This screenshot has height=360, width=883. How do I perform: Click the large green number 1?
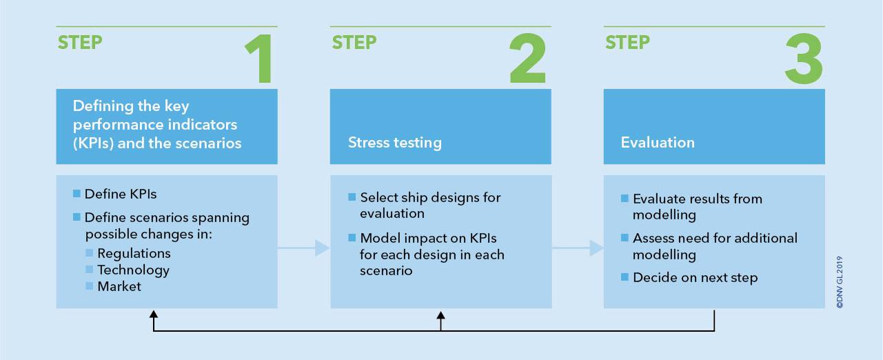coord(260,59)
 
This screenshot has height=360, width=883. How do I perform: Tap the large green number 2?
coord(528,58)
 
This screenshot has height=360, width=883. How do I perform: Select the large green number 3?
coord(804,59)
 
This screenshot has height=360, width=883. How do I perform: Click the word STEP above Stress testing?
coord(354,43)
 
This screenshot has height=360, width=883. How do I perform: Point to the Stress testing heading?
coord(394,142)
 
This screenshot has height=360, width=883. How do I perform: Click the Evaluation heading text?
coord(658,142)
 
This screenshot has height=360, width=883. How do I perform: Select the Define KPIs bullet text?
coord(121,194)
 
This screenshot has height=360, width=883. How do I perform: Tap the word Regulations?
coord(134,254)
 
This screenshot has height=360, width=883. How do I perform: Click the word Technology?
coord(133,270)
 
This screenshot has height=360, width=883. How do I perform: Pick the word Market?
coord(119,286)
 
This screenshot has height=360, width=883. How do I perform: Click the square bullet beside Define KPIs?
coord(77,194)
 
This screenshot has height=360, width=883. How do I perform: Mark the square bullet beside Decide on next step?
coord(625,277)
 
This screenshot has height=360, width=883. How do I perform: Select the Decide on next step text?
coord(696,278)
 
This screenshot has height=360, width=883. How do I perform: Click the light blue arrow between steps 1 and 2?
coord(303,248)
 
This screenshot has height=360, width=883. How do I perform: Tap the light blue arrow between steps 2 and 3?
coord(578,248)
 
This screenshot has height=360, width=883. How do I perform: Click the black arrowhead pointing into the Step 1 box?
coord(154,314)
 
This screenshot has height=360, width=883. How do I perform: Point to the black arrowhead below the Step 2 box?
coord(440,315)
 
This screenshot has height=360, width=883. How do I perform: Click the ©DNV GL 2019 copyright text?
coord(840,282)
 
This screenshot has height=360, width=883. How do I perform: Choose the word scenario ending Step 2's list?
coord(386,271)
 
